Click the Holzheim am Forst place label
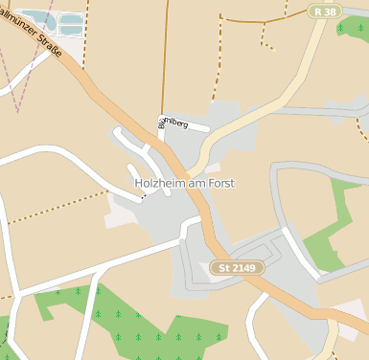click(184, 183)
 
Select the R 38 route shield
click(325, 11)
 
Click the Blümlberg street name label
click(172, 123)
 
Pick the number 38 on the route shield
click(330, 11)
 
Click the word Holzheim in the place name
click(158, 183)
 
